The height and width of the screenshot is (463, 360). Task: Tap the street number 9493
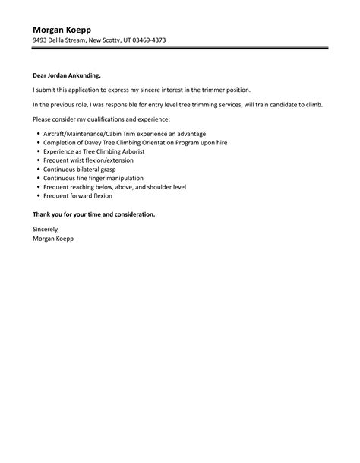pos(41,40)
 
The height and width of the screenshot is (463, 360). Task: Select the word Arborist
pos(131,151)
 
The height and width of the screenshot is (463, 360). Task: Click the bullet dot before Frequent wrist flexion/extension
pos(38,160)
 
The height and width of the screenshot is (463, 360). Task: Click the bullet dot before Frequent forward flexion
pos(38,195)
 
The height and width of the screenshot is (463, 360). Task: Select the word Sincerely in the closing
pos(46,229)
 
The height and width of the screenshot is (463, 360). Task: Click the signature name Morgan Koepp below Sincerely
pos(53,238)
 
